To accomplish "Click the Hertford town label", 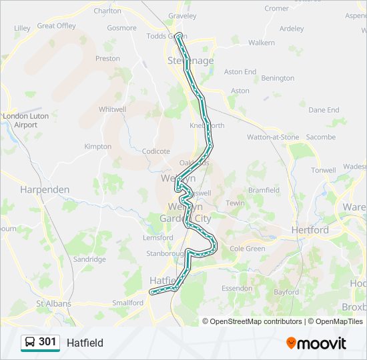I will pyautogui.click(x=310, y=230).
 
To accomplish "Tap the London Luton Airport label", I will pyautogui.click(x=20, y=120).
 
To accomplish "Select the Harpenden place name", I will pyautogui.click(x=45, y=189).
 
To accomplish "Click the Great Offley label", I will pyautogui.click(x=56, y=26).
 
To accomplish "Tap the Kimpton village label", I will pyautogui.click(x=97, y=147).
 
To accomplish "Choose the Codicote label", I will pyautogui.click(x=156, y=151).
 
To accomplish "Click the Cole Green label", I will pyautogui.click(x=247, y=249).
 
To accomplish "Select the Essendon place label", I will pyautogui.click(x=237, y=289).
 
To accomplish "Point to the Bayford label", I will pyautogui.click(x=286, y=292).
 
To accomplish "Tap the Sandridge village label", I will pyautogui.click(x=89, y=259).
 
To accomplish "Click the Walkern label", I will pyautogui.click(x=262, y=43).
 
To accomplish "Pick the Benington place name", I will pyautogui.click(x=278, y=78).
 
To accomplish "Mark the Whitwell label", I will pyautogui.click(x=112, y=109).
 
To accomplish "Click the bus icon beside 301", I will pyautogui.click(x=30, y=342).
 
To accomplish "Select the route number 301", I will pyautogui.click(x=47, y=342).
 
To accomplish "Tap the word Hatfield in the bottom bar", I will pyautogui.click(x=85, y=343).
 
